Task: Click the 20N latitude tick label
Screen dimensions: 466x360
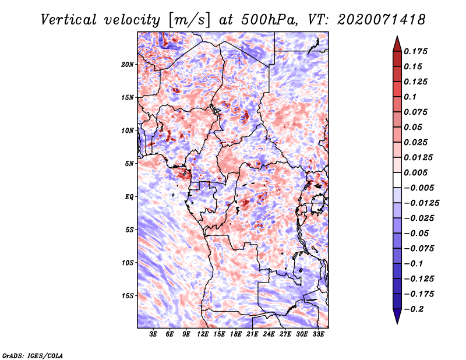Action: pyautogui.click(x=128, y=65)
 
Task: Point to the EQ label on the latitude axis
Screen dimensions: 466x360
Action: pyautogui.click(x=129, y=197)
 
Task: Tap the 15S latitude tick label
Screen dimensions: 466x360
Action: pyautogui.click(x=128, y=296)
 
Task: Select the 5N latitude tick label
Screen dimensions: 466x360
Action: pyautogui.click(x=129, y=164)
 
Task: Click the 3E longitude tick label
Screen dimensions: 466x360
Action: pyautogui.click(x=153, y=334)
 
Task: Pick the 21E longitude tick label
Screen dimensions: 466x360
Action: pyautogui.click(x=252, y=334)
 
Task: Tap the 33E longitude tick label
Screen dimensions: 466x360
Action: pyautogui.click(x=318, y=334)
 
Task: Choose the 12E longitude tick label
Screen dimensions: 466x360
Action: pyautogui.click(x=203, y=334)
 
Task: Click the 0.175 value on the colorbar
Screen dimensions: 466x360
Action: pyautogui.click(x=415, y=51)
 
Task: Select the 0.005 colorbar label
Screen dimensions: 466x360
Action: pyautogui.click(x=415, y=172)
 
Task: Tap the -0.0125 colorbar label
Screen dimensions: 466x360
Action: pyautogui.click(x=421, y=203)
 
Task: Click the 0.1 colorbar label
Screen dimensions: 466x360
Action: pyautogui.click(x=410, y=97)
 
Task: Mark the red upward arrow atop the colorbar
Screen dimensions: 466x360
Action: pyautogui.click(x=397, y=44)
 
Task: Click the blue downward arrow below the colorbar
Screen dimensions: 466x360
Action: pyautogui.click(x=397, y=316)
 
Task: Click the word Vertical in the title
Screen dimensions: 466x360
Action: pyautogui.click(x=68, y=20)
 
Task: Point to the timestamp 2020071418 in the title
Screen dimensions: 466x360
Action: pyautogui.click(x=382, y=20)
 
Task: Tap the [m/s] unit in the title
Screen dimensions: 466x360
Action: pyautogui.click(x=189, y=20)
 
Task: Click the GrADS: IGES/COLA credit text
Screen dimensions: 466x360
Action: pyautogui.click(x=33, y=356)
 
